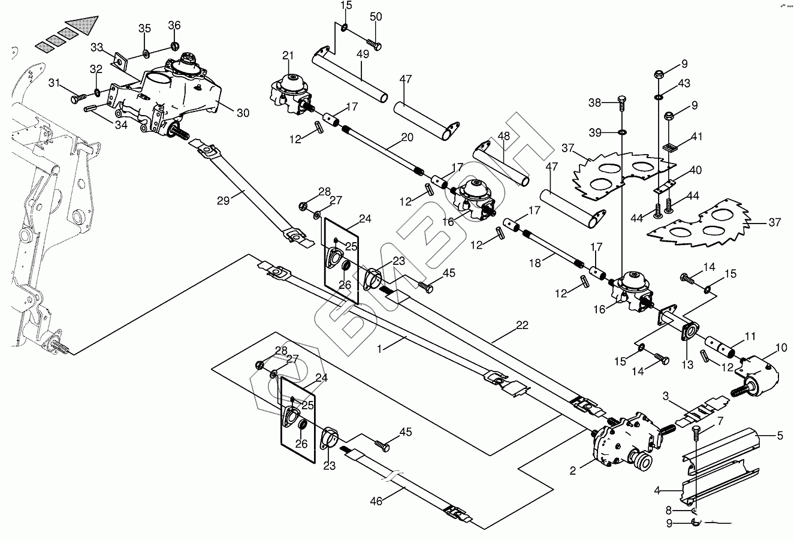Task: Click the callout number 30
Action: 243,113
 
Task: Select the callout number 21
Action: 288,56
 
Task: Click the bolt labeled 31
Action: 79,98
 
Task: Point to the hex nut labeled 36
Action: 174,46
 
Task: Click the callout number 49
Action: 363,54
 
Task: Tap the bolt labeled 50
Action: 373,44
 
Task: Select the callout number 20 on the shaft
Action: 407,137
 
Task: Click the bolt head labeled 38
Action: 621,99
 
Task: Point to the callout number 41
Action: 697,137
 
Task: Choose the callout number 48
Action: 504,136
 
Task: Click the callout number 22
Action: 522,325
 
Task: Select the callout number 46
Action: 376,501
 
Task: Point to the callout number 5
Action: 780,435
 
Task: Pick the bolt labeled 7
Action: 696,433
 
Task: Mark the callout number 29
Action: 224,201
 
